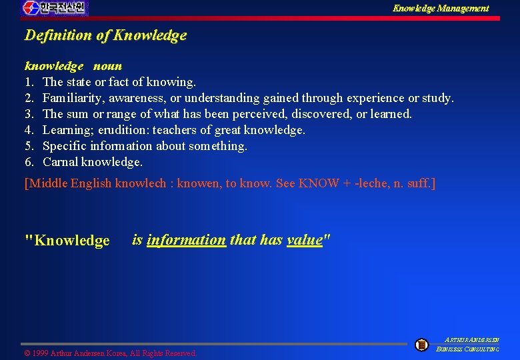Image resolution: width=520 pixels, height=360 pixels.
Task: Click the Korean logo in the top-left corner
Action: point(55,9)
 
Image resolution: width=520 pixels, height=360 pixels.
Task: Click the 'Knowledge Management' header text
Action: point(440,9)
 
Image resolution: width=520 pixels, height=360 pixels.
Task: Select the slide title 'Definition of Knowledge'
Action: point(105,36)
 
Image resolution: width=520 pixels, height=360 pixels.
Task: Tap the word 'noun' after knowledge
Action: point(107,66)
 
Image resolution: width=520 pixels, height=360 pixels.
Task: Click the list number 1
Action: point(29,82)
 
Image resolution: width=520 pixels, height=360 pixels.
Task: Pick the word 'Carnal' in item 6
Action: point(61,162)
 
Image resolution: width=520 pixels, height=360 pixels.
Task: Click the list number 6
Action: point(29,162)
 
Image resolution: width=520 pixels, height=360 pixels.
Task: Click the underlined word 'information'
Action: point(186,240)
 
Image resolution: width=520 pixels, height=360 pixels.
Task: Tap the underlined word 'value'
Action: point(304,240)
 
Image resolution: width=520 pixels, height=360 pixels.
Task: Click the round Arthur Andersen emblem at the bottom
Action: point(421,345)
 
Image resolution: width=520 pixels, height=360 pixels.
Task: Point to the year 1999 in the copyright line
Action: point(39,353)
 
